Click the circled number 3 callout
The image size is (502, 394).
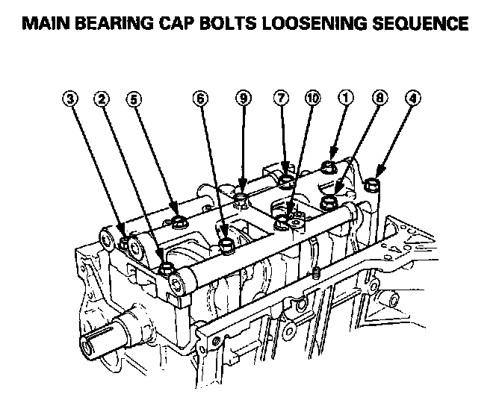[71, 98]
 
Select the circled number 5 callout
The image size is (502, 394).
[134, 98]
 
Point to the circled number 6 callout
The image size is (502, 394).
[199, 98]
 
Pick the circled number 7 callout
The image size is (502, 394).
[281, 98]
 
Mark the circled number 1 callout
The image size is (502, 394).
[344, 98]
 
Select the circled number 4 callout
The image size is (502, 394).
[413, 98]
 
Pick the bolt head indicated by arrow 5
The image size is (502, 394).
[179, 222]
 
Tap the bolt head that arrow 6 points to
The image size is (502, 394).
[226, 243]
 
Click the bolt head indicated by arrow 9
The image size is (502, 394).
[241, 199]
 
